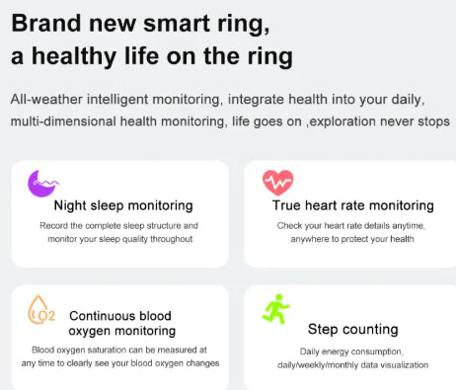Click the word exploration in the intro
tap(340, 120)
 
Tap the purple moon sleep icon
tap(41, 183)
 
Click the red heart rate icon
tap(277, 183)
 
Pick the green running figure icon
tap(275, 310)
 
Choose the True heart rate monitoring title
tap(352, 205)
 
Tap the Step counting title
tap(352, 329)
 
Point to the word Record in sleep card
tap(57, 225)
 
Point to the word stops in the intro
tap(433, 120)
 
